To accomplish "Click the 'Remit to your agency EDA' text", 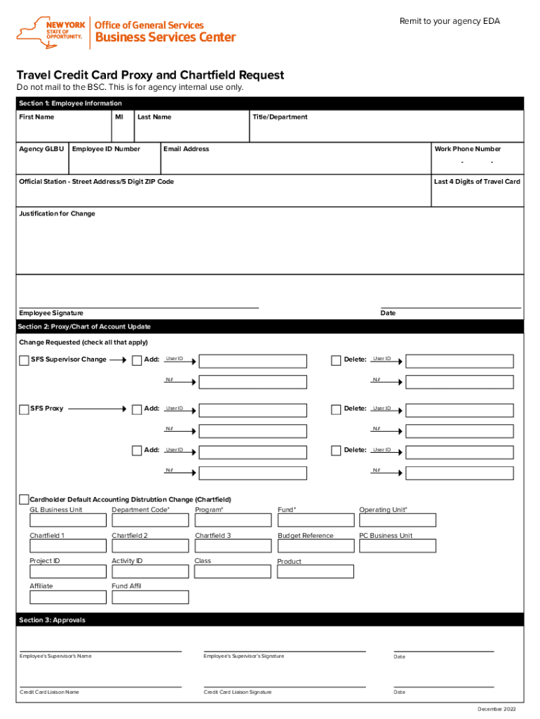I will (450, 21).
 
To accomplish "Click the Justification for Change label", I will (58, 213).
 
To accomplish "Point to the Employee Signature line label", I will (51, 313).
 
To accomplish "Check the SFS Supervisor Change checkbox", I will (24, 361).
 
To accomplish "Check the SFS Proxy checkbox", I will (24, 409).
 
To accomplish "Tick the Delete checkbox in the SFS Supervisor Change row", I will (336, 360).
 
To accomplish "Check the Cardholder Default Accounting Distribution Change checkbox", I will (24, 499).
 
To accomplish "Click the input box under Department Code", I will (150, 520).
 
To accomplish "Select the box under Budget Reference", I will (316, 546).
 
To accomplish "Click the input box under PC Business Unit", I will (397, 546).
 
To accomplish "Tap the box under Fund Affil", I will (150, 598).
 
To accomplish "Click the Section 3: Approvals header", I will (53, 620).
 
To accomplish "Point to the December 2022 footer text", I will (500, 709).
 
